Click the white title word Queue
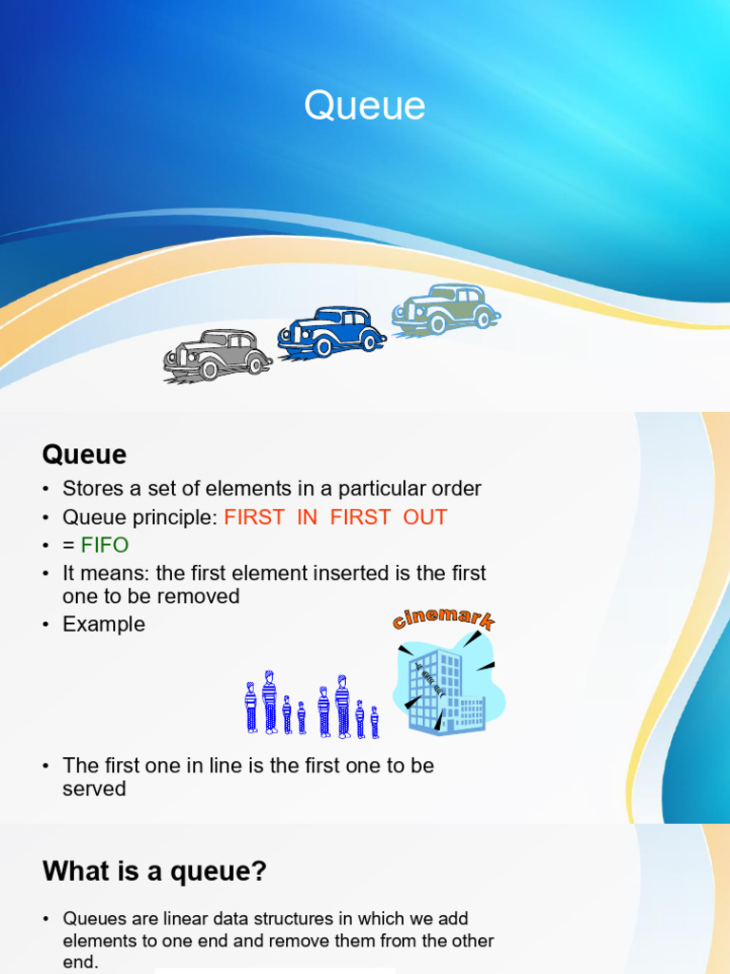point(364,106)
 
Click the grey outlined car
point(218,356)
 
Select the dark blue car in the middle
point(332,332)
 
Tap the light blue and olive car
point(446,310)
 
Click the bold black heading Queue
point(85,455)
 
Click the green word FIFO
point(105,545)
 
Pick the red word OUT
point(425,516)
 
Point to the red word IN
point(307,516)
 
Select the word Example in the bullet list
point(104,624)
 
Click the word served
point(94,789)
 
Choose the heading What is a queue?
point(155,871)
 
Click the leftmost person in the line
point(251,708)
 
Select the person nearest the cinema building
point(375,722)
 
